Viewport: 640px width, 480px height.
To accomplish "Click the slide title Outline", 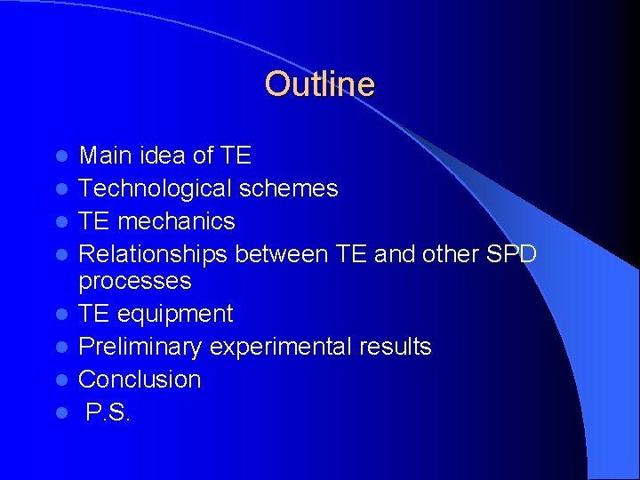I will [x=319, y=84].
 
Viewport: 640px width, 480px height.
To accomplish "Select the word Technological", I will [x=154, y=188].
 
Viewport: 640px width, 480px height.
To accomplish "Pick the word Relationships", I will [x=154, y=254].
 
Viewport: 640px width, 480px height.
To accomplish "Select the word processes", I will [x=134, y=282].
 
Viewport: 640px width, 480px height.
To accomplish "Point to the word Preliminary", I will [x=138, y=347].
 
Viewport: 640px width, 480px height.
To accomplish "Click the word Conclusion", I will [x=140, y=380].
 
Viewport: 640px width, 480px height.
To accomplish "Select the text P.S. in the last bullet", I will [x=108, y=412].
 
